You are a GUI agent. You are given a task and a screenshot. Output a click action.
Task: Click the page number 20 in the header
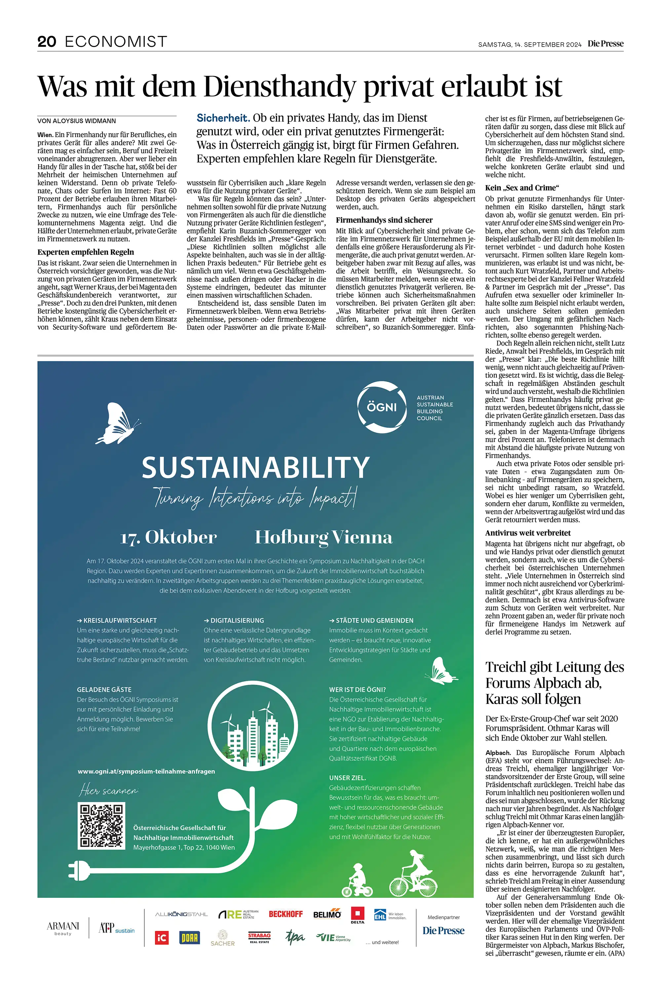click(47, 41)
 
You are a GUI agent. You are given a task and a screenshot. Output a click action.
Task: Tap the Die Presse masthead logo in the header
click(605, 43)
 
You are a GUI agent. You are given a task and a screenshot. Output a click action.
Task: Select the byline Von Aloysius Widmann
click(76, 121)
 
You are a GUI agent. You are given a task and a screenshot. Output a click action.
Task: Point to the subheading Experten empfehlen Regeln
click(86, 252)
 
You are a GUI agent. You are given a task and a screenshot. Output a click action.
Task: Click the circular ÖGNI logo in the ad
click(382, 407)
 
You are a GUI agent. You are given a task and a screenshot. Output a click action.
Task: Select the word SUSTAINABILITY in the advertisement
click(255, 468)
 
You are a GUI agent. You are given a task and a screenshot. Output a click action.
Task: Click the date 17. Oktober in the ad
click(169, 537)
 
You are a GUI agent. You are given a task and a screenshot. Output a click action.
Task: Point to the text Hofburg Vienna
click(323, 537)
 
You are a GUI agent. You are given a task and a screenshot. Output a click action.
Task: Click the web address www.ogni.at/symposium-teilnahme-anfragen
click(146, 771)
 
